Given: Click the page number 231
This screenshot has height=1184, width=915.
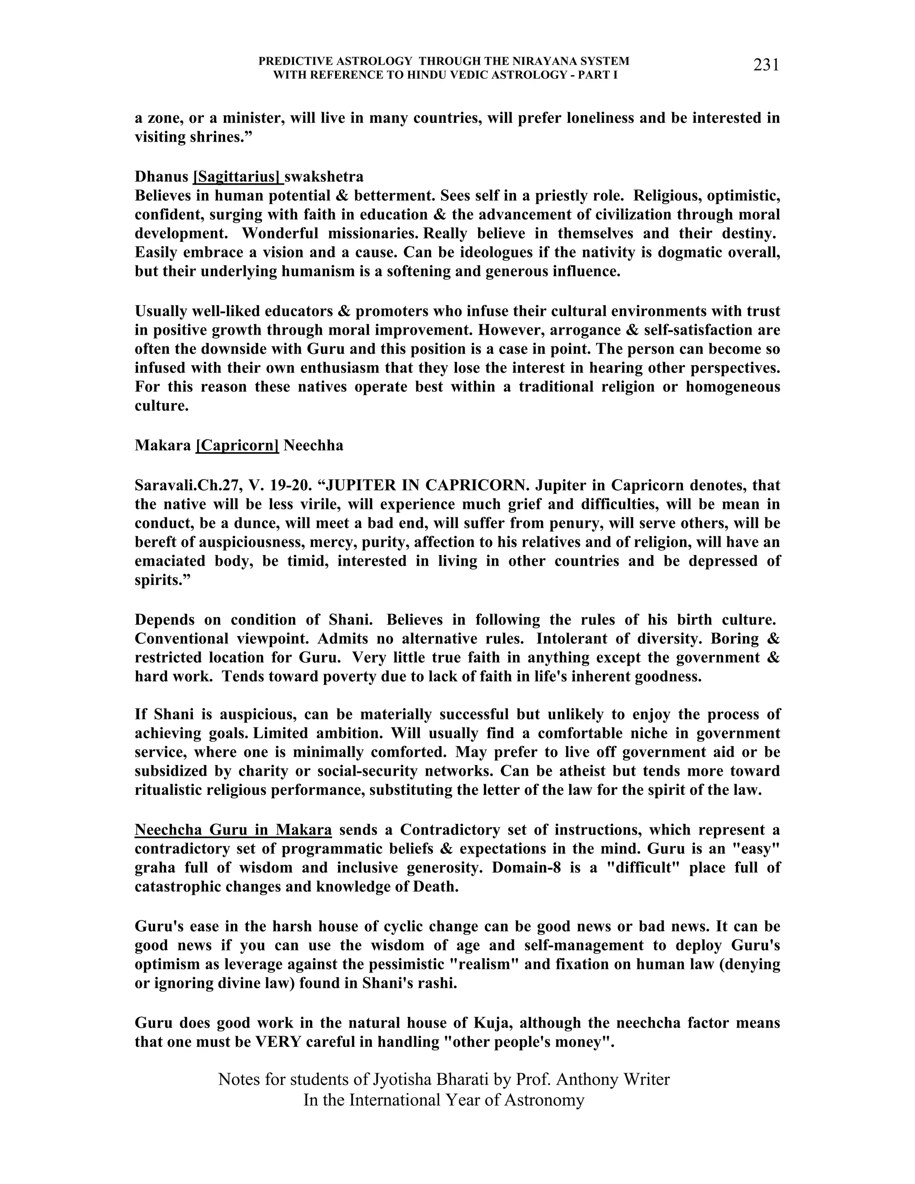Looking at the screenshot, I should [x=766, y=65].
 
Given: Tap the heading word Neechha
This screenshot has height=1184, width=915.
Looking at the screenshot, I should [x=313, y=445].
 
